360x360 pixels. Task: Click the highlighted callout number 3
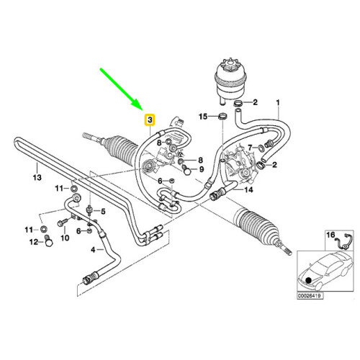[x=150, y=120]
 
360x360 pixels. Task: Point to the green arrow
[x=122, y=89]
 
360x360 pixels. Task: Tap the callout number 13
[x=37, y=178]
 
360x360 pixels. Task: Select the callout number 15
[x=203, y=117]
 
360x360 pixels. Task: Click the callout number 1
[x=278, y=103]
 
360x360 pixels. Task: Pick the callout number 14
[x=248, y=190]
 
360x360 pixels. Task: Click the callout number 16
[x=330, y=235]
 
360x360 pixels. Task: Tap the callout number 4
[x=93, y=250]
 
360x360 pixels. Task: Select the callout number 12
[x=34, y=242]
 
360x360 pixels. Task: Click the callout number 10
[x=65, y=238]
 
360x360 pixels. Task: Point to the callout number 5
[x=103, y=212]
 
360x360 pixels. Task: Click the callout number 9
[x=202, y=169]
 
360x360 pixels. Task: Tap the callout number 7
[x=251, y=148]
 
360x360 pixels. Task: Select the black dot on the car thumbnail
[x=308, y=280]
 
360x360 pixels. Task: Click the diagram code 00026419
[x=310, y=296]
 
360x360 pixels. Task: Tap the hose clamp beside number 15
[x=222, y=117]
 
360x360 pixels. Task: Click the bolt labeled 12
[x=49, y=240]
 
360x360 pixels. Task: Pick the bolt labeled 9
[x=186, y=170]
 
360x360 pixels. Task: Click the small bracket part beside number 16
[x=344, y=241]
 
